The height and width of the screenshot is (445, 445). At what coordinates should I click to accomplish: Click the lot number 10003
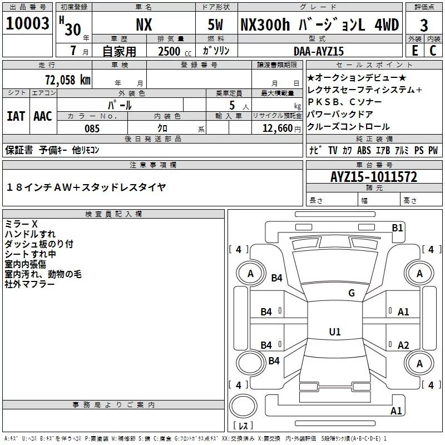tap(27, 24)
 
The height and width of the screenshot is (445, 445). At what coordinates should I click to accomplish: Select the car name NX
tap(144, 25)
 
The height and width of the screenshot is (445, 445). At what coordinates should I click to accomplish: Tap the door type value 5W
tap(216, 25)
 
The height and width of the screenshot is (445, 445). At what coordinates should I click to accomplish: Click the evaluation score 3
tap(424, 25)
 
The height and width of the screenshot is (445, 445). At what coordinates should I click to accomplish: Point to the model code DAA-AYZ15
tap(319, 51)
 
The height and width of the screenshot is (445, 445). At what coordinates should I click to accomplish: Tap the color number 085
tap(92, 128)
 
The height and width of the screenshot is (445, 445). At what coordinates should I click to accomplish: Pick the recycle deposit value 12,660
tap(275, 128)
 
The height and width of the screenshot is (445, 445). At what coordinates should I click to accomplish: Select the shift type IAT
tap(16, 116)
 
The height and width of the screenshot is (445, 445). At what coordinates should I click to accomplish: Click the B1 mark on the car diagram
tap(397, 227)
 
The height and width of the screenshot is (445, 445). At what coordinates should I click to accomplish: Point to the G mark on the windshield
tap(351, 293)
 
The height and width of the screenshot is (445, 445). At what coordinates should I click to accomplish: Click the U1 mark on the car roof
tap(334, 332)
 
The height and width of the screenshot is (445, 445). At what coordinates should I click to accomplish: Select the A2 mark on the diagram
tap(403, 345)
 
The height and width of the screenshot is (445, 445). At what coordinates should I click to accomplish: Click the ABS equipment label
tap(364, 151)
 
